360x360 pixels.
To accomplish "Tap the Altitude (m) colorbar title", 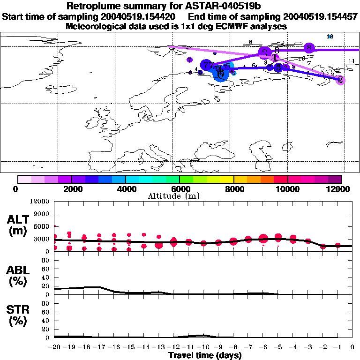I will [180, 196].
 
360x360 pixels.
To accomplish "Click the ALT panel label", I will [17, 219].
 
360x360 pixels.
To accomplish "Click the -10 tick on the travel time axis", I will [203, 347].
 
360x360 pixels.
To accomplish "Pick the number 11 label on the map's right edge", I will [352, 61].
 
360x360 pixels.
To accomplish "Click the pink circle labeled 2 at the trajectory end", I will [341, 80].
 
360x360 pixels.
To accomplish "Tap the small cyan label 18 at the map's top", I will [330, 37].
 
